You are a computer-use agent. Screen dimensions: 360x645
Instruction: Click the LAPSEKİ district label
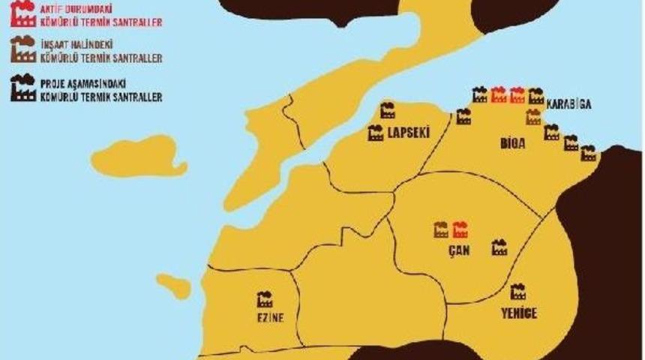409,134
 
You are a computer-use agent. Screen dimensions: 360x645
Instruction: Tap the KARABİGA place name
569,103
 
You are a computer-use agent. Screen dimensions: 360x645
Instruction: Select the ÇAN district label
458,250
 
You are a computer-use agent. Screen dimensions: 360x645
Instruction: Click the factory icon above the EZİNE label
265,299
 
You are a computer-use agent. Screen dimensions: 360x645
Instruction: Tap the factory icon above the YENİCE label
517,292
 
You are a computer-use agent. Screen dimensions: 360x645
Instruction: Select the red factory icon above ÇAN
460,229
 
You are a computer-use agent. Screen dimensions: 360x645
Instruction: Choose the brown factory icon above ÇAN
441,229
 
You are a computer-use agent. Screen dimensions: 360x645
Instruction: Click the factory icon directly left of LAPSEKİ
376,134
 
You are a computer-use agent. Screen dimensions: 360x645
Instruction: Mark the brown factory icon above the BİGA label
533,117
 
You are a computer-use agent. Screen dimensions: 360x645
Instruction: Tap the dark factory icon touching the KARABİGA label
535,96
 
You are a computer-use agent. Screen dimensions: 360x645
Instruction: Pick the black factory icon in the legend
22,88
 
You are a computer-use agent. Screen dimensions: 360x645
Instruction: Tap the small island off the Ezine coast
173,286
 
